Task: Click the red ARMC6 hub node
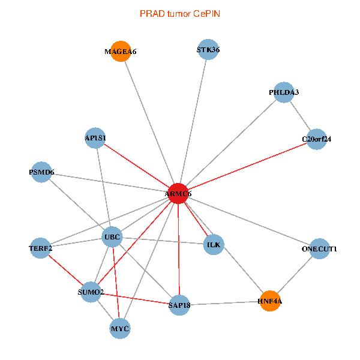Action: pyautogui.click(x=178, y=194)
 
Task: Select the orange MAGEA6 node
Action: pyautogui.click(x=121, y=52)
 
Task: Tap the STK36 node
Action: pyautogui.click(x=208, y=50)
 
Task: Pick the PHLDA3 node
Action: pyautogui.click(x=284, y=92)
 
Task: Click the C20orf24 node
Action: pyautogui.click(x=316, y=139)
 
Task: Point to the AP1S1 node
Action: pyautogui.click(x=95, y=139)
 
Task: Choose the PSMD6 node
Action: pyautogui.click(x=41, y=173)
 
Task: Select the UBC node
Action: pyautogui.click(x=112, y=238)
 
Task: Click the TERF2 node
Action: pyautogui.click(x=41, y=248)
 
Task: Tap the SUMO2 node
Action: pyautogui.click(x=91, y=292)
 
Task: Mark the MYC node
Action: pyautogui.click(x=120, y=328)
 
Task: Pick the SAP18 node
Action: pyautogui.click(x=179, y=305)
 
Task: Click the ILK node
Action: pyautogui.click(x=214, y=245)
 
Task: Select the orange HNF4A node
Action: pyautogui.click(x=270, y=301)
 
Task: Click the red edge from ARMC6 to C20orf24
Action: pyautogui.click(x=247, y=167)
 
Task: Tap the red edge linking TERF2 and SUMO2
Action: pyautogui.click(x=65, y=270)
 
